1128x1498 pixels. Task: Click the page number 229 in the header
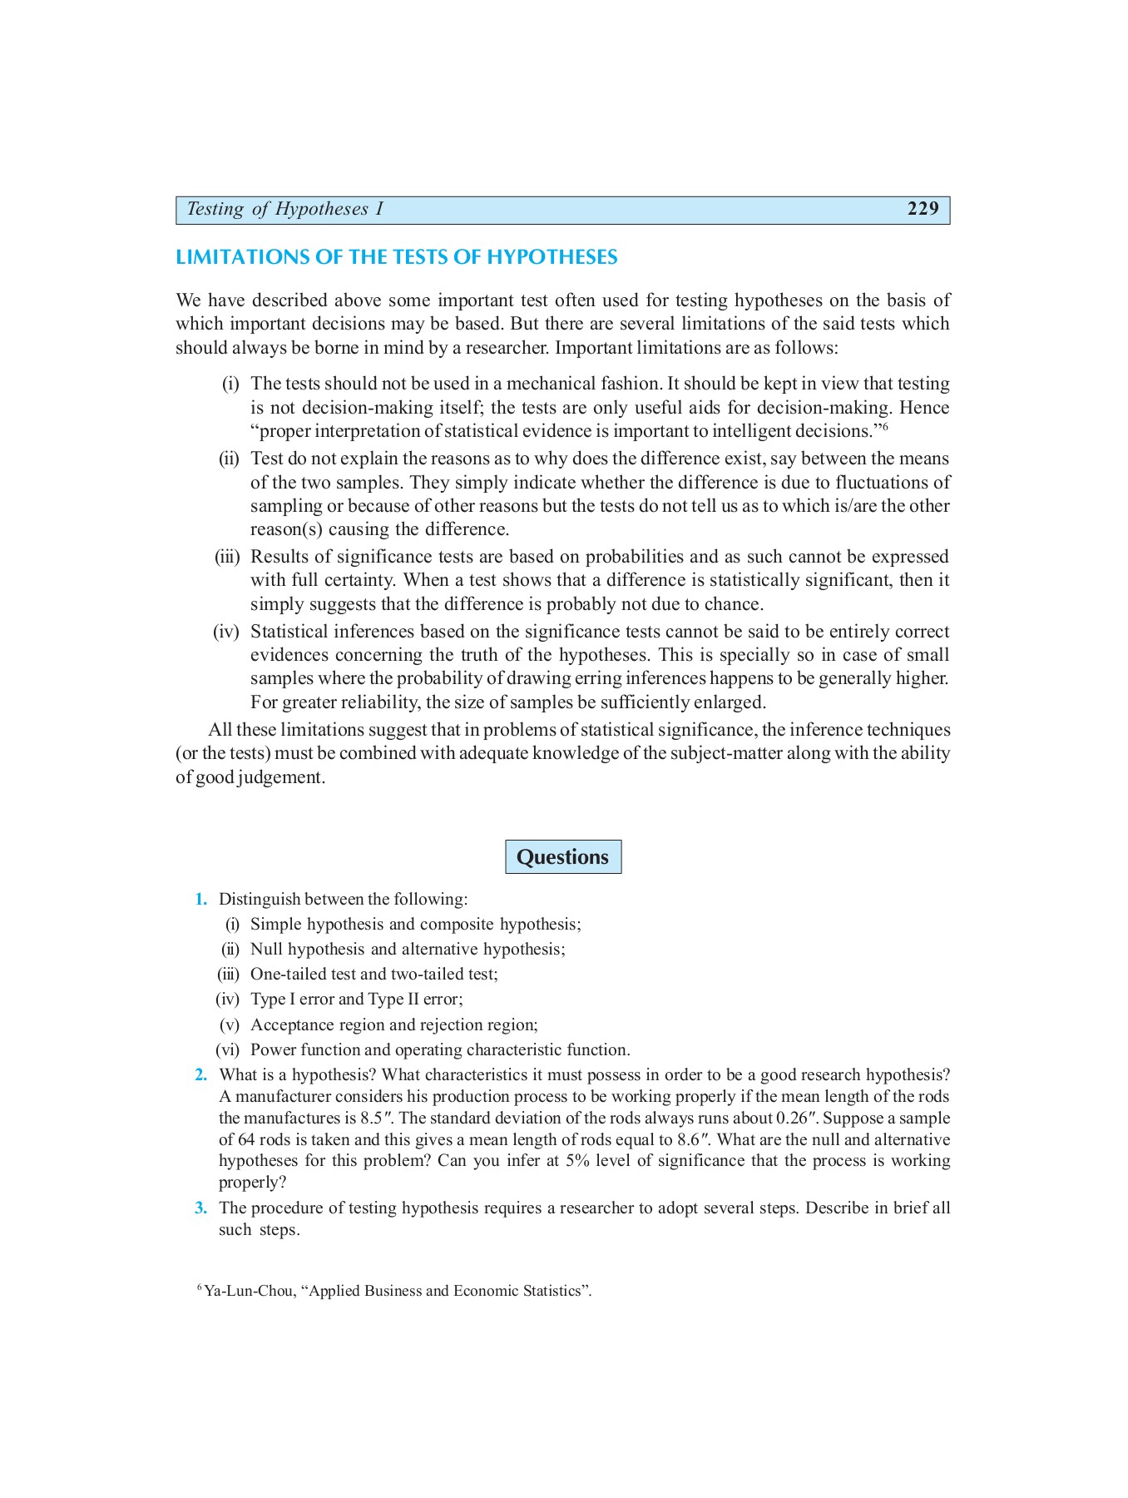point(923,209)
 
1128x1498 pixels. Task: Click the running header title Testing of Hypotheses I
point(284,209)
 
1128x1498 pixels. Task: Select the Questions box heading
point(562,856)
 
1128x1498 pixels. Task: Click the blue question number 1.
point(200,899)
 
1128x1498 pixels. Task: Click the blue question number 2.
point(200,1074)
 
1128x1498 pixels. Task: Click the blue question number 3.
point(200,1208)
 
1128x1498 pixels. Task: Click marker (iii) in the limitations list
point(227,557)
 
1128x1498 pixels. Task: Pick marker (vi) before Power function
point(227,1049)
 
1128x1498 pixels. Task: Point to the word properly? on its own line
point(252,1182)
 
